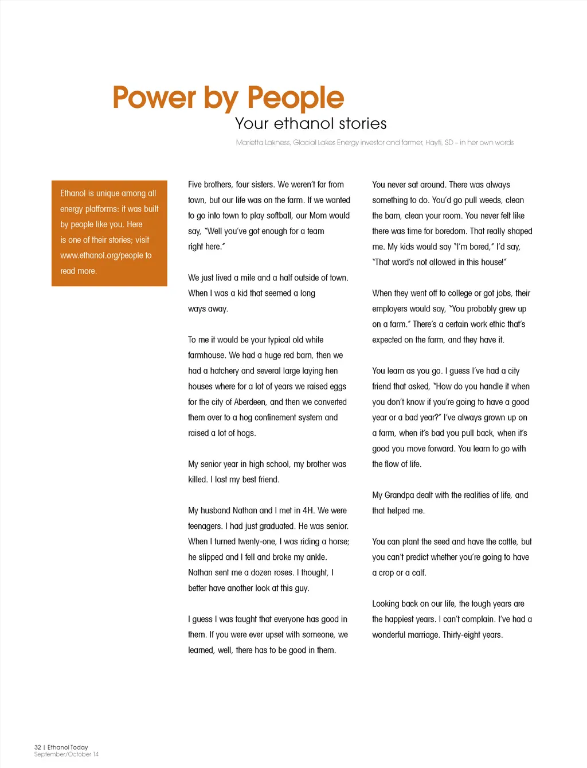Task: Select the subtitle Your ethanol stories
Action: click(311, 123)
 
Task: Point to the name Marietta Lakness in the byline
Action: click(263, 142)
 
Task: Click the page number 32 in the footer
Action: click(38, 747)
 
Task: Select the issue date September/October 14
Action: click(66, 754)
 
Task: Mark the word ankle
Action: click(316, 557)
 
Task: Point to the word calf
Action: click(418, 572)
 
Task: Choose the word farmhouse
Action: click(207, 356)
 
